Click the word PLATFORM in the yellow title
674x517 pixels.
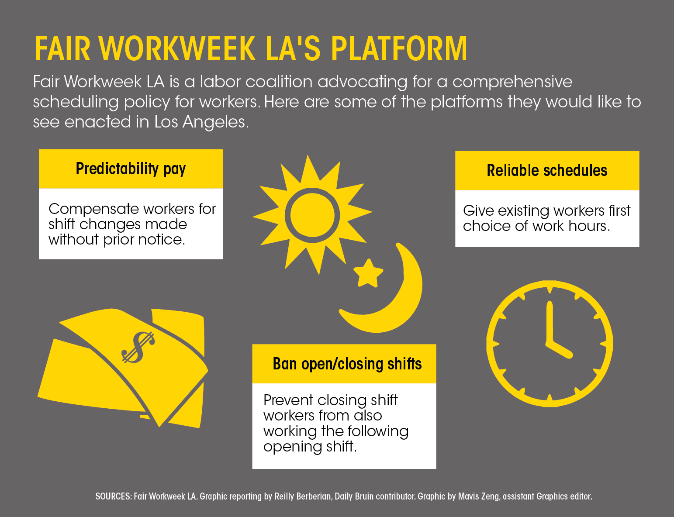[x=399, y=48]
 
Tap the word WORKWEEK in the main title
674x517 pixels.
[x=177, y=48]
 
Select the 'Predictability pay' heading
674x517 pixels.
[x=131, y=169]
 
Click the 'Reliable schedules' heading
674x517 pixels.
[x=547, y=170]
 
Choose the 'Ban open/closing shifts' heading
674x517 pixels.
[x=347, y=364]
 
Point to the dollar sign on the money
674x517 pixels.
[x=138, y=347]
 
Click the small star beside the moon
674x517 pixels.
[x=368, y=273]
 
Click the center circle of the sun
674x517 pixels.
[x=312, y=215]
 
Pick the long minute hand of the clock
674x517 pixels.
[x=550, y=322]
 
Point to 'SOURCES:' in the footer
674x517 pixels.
[x=114, y=496]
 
